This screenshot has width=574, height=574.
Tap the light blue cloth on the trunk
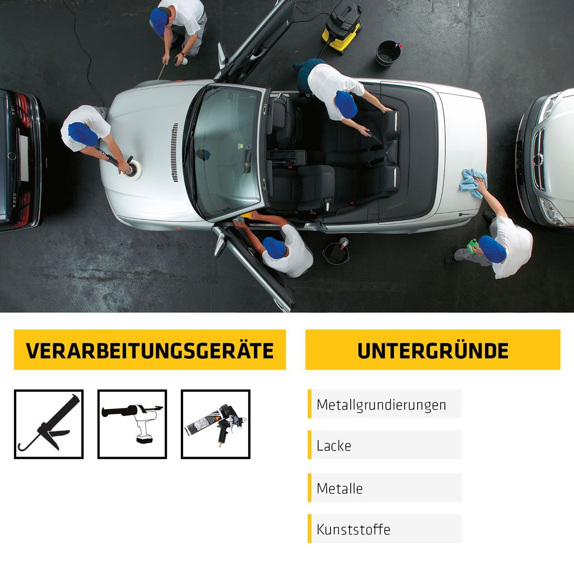(473, 183)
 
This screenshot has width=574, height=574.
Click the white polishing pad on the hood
(133, 170)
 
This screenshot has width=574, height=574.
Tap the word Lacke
(333, 446)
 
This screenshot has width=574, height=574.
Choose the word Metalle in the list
(340, 489)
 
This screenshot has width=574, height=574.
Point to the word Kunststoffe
(353, 530)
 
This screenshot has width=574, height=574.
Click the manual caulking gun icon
(49, 424)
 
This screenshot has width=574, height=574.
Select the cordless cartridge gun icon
(132, 424)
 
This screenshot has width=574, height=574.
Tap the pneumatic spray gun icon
(216, 424)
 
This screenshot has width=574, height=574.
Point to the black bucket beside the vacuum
(387, 54)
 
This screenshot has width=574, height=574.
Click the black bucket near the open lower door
(336, 253)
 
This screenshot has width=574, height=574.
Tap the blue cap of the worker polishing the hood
(83, 134)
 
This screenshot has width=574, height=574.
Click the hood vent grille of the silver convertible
(175, 153)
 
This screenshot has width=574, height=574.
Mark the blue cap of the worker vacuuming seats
(346, 104)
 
